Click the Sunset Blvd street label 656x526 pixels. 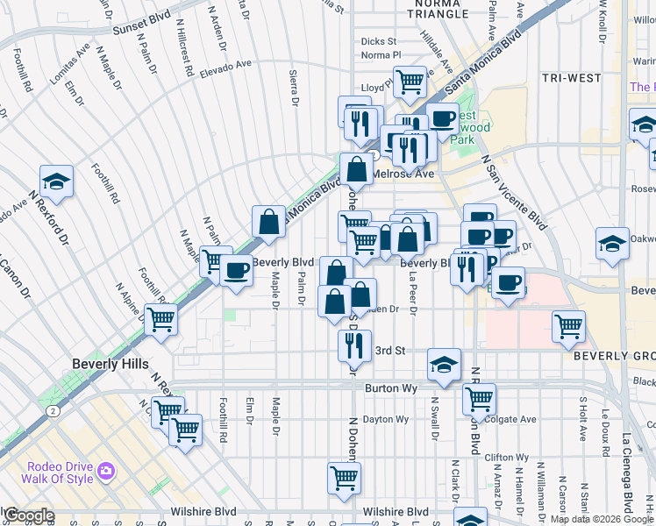(141, 29)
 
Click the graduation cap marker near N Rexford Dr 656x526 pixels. (57, 181)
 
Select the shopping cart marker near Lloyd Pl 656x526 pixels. (410, 83)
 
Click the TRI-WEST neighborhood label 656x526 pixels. (571, 78)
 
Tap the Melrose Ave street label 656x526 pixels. (403, 174)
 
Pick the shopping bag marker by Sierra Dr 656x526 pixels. (268, 223)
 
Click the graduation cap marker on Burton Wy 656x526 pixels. (445, 365)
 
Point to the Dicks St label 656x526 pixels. (379, 41)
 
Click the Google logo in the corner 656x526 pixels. (28, 515)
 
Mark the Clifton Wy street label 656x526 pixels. (506, 457)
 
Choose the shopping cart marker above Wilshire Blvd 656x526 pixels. (345, 478)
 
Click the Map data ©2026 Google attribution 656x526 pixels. (603, 519)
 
